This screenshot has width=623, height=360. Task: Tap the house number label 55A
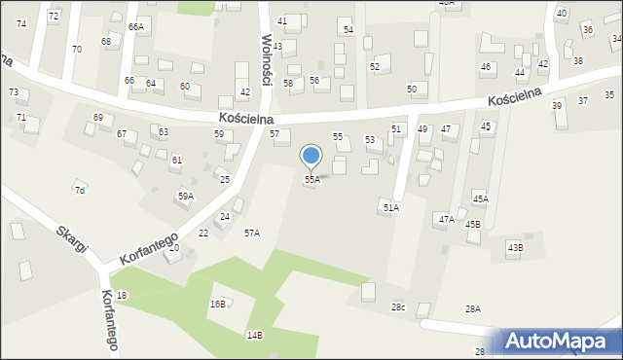coord(311,180)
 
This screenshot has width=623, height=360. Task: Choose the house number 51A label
coord(390,207)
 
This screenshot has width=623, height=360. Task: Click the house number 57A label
coord(252,233)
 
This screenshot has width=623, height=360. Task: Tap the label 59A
coord(185,196)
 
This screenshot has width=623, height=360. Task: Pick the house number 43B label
coord(514,247)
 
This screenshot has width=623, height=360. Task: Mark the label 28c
coord(399,307)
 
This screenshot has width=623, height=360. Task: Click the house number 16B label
coord(217,305)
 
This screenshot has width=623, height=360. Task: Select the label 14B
coord(254,335)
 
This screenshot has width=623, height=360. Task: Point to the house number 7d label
coord(80,190)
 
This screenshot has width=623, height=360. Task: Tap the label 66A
coord(135,27)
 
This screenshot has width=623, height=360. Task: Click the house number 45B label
coord(472,224)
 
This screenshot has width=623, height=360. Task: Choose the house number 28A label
coord(472,308)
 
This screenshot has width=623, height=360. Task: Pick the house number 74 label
coord(21,22)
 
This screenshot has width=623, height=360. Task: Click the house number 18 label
coord(122,295)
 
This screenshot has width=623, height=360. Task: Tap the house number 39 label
coord(557,105)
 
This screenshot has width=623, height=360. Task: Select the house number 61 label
coord(176,160)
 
